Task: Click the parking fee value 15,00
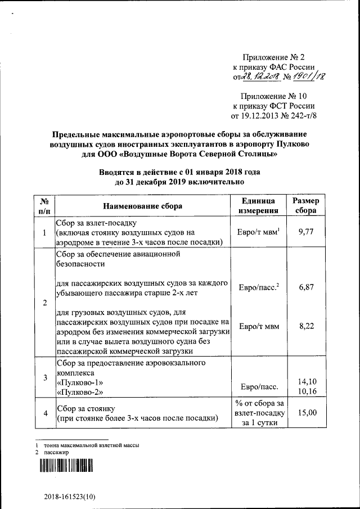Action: click(x=307, y=412)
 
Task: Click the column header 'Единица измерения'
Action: click(x=258, y=206)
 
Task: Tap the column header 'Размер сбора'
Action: click(x=307, y=206)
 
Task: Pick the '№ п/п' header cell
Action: click(x=45, y=206)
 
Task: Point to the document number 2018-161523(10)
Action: click(x=71, y=497)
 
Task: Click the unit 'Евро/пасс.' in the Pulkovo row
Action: click(x=258, y=387)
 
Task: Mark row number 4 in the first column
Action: click(x=45, y=413)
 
